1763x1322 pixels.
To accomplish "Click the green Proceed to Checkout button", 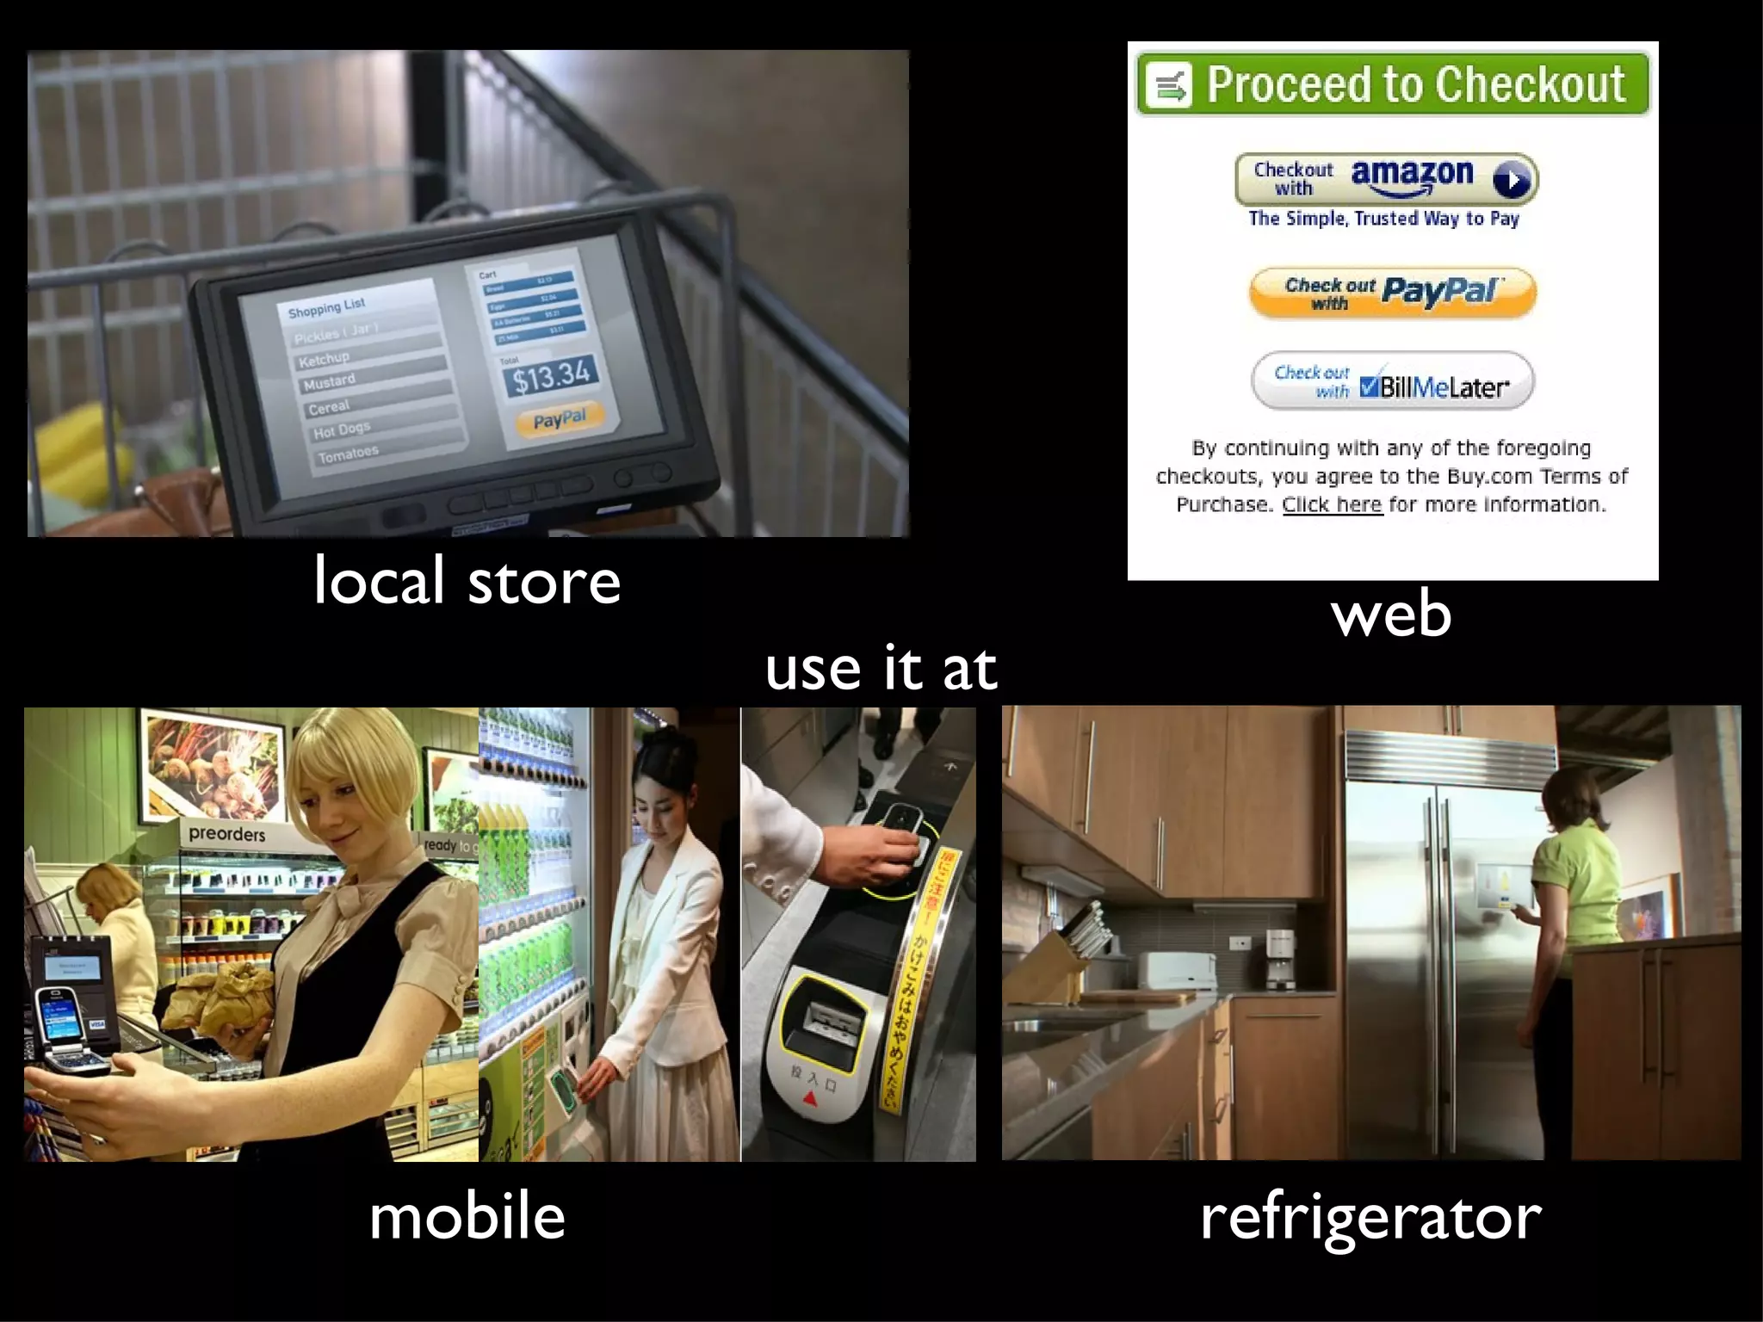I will (1392, 84).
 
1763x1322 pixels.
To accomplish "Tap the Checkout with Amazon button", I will (1386, 179).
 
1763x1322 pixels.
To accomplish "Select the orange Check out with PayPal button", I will (1392, 293).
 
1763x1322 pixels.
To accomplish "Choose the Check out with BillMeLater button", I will (1392, 380).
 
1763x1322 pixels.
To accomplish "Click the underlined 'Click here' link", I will (1332, 504).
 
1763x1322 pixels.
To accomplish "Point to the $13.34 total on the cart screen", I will (551, 376).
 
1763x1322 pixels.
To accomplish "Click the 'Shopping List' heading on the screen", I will (326, 307).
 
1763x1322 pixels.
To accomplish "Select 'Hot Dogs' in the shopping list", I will (341, 429).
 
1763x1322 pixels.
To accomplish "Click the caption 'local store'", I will (467, 582).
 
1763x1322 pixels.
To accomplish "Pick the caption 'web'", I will (1391, 615).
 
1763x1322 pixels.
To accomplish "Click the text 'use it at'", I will (881, 669).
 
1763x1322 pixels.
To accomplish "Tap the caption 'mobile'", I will (467, 1217).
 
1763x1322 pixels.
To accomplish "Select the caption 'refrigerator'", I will (1370, 1217).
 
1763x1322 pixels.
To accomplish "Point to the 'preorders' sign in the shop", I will (226, 834).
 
